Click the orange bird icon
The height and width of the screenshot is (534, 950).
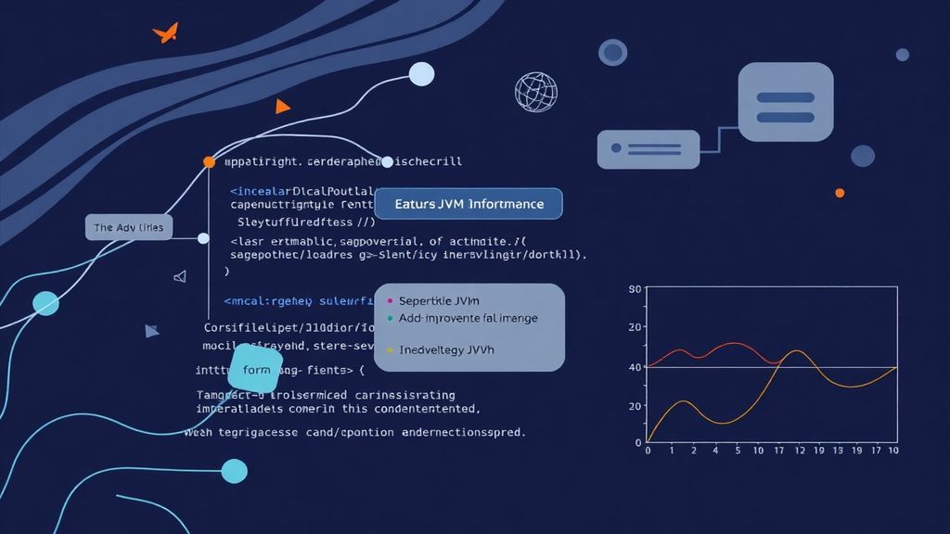(x=165, y=33)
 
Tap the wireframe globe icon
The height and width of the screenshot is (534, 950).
(x=535, y=92)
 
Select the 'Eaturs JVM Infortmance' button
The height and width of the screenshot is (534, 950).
(x=468, y=203)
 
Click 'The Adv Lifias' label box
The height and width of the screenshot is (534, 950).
(x=128, y=227)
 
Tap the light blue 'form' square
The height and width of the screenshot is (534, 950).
(x=255, y=370)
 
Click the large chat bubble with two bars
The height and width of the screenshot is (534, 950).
(x=785, y=102)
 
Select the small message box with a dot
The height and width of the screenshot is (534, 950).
(x=648, y=148)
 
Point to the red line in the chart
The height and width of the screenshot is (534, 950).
(x=733, y=344)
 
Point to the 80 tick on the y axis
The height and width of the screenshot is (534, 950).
(x=635, y=290)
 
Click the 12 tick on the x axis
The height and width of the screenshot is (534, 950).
(x=798, y=451)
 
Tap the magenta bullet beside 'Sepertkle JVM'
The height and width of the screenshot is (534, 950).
(x=390, y=301)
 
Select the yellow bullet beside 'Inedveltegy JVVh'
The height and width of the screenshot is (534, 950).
(x=390, y=351)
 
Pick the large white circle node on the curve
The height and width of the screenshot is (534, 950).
(x=421, y=74)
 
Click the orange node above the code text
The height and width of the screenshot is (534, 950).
(x=209, y=161)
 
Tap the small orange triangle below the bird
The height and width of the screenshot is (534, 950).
(x=282, y=107)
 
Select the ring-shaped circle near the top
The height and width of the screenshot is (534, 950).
(x=612, y=52)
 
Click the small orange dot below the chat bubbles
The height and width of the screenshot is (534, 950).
(x=840, y=193)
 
